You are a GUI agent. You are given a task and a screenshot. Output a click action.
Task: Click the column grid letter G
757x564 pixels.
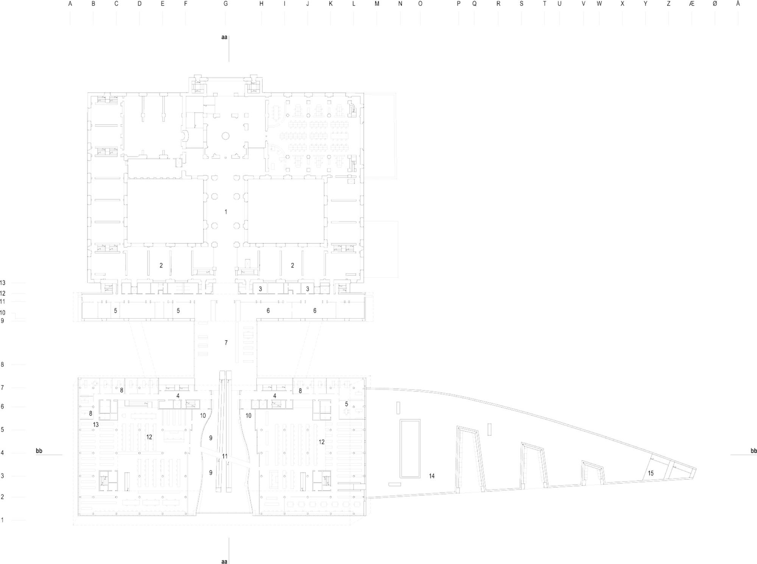pyautogui.click(x=226, y=4)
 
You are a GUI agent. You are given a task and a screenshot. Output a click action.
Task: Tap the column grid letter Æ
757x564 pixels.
pyautogui.click(x=692, y=4)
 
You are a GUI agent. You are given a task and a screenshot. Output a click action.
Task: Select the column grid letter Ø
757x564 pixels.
pyautogui.click(x=715, y=4)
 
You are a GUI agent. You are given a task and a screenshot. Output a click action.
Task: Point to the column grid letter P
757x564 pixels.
pyautogui.click(x=458, y=4)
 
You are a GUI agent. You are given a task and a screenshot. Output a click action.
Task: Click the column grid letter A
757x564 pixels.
pyautogui.click(x=70, y=4)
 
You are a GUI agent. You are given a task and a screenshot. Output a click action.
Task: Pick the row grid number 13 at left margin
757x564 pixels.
pyautogui.click(x=3, y=283)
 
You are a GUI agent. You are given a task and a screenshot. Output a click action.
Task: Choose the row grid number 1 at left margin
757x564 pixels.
pyautogui.click(x=2, y=520)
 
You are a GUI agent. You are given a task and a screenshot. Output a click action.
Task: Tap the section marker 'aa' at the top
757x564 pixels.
pyautogui.click(x=224, y=37)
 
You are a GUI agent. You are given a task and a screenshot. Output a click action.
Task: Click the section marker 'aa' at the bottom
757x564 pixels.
pyautogui.click(x=224, y=561)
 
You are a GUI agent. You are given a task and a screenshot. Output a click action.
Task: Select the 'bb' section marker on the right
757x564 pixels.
pyautogui.click(x=754, y=451)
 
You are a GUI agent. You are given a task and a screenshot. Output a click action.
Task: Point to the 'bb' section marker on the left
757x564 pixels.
pyautogui.click(x=39, y=451)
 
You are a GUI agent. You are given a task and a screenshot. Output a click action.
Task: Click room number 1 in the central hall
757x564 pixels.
pyautogui.click(x=226, y=212)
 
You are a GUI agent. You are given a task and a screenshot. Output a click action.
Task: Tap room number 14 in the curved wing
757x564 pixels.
pyautogui.click(x=432, y=476)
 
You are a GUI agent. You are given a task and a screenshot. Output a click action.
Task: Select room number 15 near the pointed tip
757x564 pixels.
pyautogui.click(x=651, y=473)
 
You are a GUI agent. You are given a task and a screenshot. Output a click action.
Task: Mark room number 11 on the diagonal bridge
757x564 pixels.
pyautogui.click(x=225, y=456)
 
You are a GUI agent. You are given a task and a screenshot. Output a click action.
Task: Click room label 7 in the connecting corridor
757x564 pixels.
pyautogui.click(x=226, y=342)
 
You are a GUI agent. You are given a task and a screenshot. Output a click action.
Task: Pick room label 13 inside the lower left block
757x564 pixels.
pyautogui.click(x=96, y=425)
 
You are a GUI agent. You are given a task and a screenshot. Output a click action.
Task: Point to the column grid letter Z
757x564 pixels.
pyautogui.click(x=668, y=4)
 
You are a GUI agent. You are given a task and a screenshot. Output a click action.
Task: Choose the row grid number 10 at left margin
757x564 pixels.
pyautogui.click(x=3, y=313)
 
